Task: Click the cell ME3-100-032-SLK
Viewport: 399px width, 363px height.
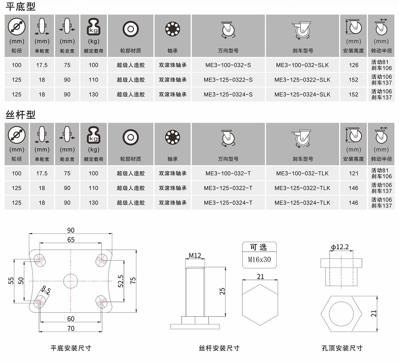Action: pyautogui.click(x=302, y=65)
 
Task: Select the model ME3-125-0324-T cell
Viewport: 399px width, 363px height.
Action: pyautogui.click(x=228, y=203)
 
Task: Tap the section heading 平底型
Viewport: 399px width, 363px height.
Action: pyautogui.click(x=21, y=7)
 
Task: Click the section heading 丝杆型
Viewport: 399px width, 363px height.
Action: pyautogui.click(x=21, y=115)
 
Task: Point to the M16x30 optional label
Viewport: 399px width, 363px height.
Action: pyautogui.click(x=259, y=259)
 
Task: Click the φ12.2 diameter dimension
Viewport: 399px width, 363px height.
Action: pyautogui.click(x=340, y=247)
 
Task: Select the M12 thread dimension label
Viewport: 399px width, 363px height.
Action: pyautogui.click(x=195, y=255)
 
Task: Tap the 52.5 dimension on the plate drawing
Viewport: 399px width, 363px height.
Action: pyautogui.click(x=121, y=281)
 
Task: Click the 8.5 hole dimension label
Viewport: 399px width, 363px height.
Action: pyautogui.click(x=46, y=290)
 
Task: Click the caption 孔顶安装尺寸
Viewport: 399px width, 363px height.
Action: pyautogui.click(x=342, y=348)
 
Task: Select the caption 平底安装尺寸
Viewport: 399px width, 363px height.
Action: pyautogui.click(x=71, y=348)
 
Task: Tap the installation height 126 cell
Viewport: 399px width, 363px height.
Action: pyautogui.click(x=353, y=65)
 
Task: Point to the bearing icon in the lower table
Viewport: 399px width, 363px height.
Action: pyautogui.click(x=172, y=138)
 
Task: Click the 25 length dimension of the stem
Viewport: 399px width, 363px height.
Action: pyautogui.click(x=222, y=291)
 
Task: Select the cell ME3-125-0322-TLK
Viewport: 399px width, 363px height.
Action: pyautogui.click(x=302, y=188)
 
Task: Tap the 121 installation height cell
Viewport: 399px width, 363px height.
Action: pyautogui.click(x=353, y=173)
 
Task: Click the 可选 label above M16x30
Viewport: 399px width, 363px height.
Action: pyautogui.click(x=258, y=247)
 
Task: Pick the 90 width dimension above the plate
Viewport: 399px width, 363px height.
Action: pyautogui.click(x=71, y=230)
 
